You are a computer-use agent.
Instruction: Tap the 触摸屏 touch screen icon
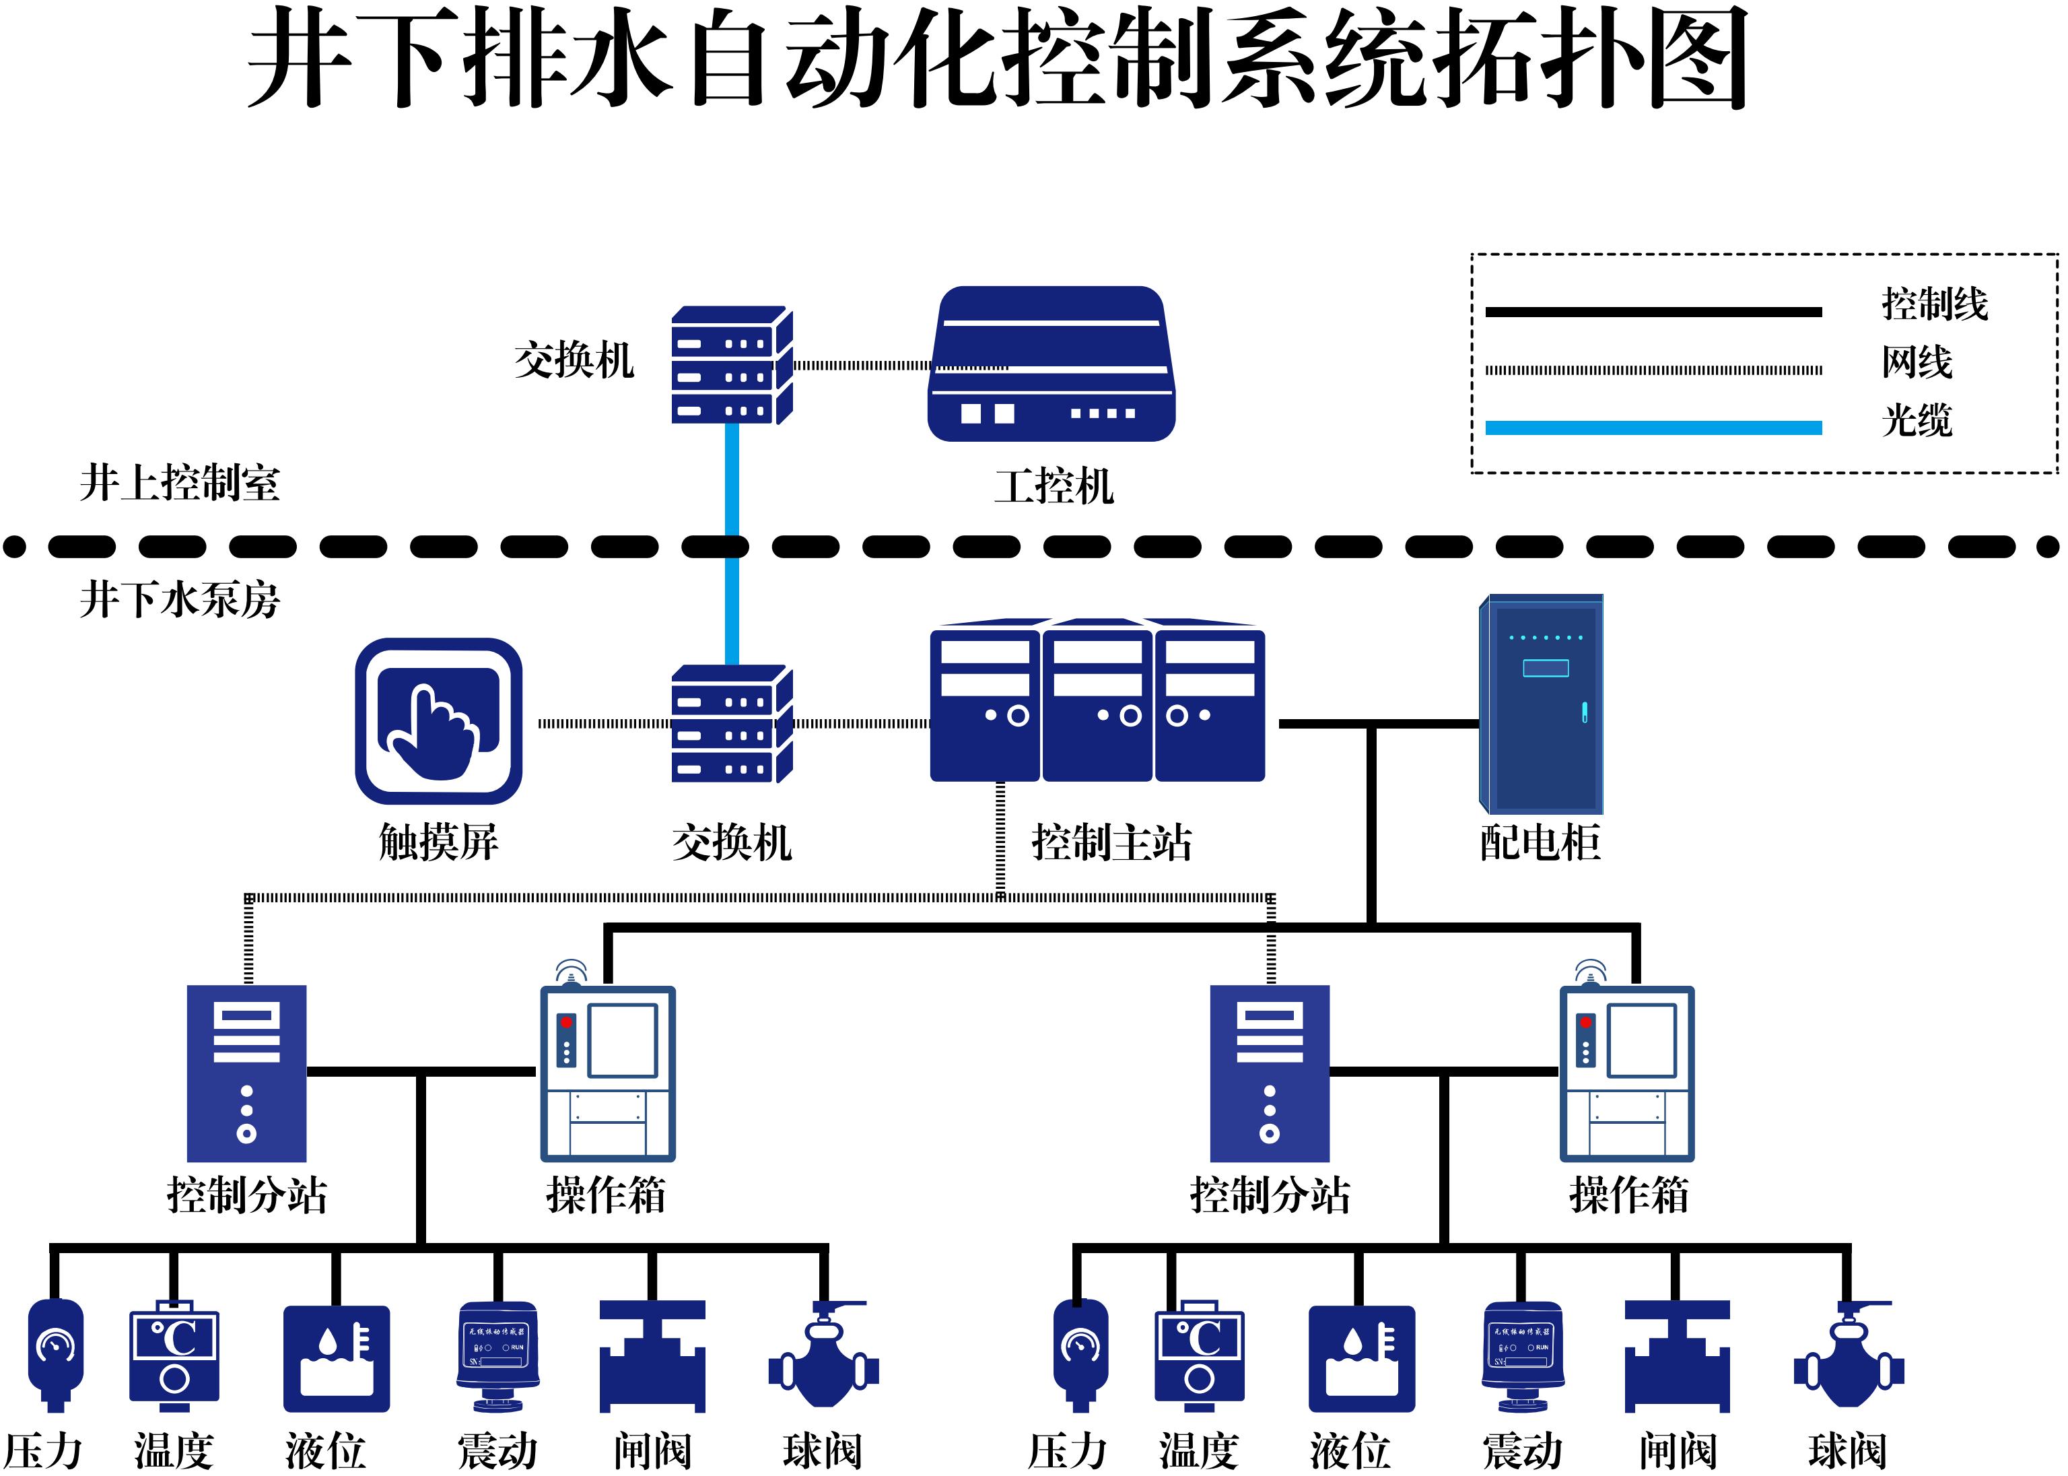(439, 720)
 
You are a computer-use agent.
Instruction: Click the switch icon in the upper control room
(732, 366)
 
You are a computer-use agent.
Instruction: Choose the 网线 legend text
(1917, 363)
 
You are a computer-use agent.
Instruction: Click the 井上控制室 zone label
(180, 483)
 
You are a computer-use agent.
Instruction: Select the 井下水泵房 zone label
(180, 600)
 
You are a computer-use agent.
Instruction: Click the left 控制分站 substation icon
(246, 1073)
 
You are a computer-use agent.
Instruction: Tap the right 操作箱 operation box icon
(1626, 1073)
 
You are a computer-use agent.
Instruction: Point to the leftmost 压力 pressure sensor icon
(55, 1354)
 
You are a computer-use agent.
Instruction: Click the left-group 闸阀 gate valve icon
(652, 1356)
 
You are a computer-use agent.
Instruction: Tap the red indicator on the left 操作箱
(566, 1022)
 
